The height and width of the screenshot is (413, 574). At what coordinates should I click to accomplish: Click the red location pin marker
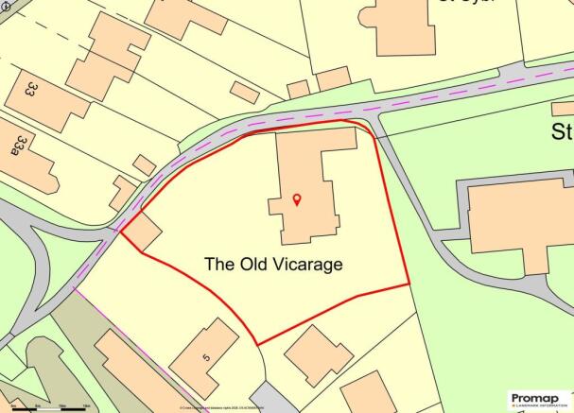tap(297, 199)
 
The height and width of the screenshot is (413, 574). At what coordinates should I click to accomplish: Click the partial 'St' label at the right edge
tap(562, 131)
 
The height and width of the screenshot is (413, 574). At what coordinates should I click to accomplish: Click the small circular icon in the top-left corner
tap(6, 6)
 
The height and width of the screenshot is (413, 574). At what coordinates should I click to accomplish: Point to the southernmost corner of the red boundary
tap(258, 343)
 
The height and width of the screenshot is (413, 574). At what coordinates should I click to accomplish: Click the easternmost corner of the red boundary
tap(409, 284)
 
